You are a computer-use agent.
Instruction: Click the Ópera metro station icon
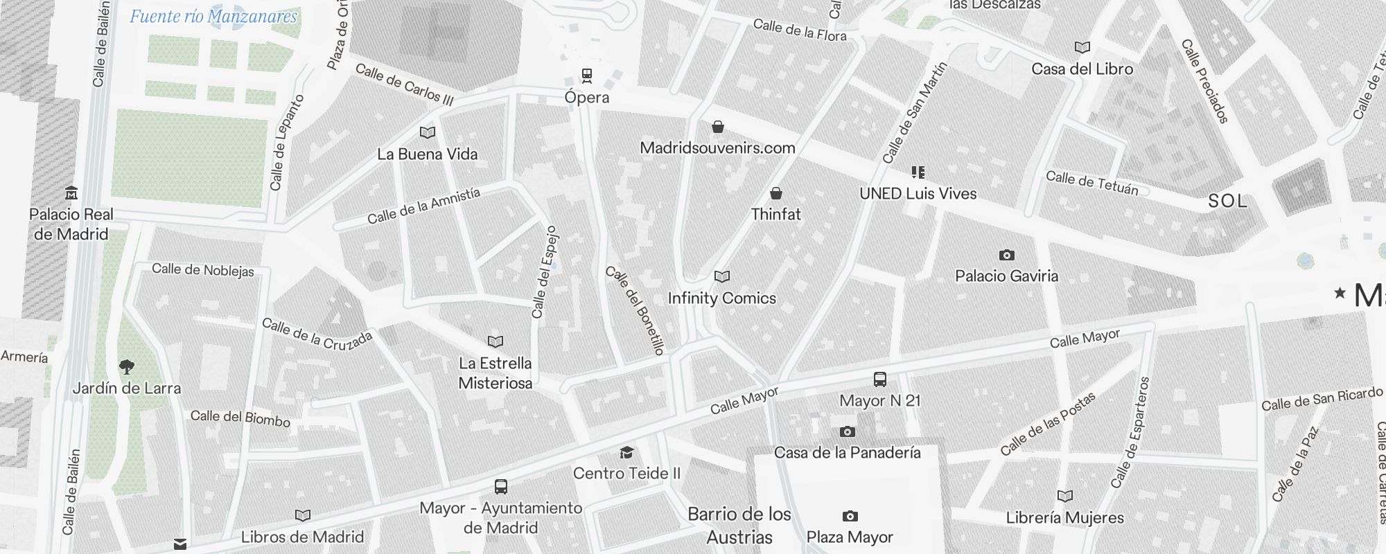[587, 75]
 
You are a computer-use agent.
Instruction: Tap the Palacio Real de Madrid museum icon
[71, 193]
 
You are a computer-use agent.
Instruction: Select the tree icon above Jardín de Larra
[126, 366]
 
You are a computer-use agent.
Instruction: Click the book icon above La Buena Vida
[428, 132]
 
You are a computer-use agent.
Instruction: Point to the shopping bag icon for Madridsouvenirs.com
[718, 127]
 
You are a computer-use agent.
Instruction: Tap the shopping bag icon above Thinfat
[776, 193]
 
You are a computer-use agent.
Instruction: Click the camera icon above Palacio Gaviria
[1007, 255]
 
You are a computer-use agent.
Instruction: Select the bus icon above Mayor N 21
[879, 379]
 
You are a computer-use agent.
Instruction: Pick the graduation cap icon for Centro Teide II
[626, 452]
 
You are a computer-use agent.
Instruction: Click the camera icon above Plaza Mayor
[850, 516]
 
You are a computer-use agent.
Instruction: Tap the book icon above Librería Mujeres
[1065, 496]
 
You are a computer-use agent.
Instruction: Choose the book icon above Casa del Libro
[1082, 48]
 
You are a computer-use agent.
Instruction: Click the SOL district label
[1227, 201]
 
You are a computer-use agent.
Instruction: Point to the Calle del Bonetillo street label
[635, 311]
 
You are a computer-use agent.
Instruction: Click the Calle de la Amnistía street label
[423, 206]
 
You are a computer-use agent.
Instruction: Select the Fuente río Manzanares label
[213, 17]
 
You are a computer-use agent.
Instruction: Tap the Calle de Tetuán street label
[1092, 183]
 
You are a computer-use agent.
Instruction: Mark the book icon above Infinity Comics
[722, 277]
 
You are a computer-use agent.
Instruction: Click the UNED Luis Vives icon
[918, 172]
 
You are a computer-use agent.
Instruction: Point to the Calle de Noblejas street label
[203, 269]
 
